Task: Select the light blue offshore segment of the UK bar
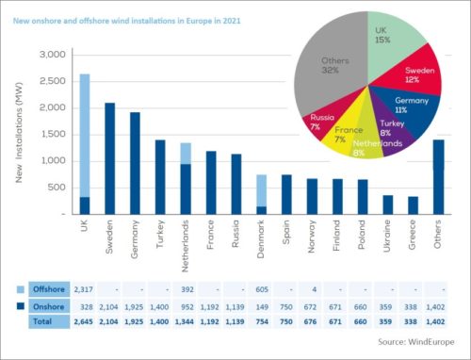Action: point(84,132)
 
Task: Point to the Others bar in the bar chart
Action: point(438,174)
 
